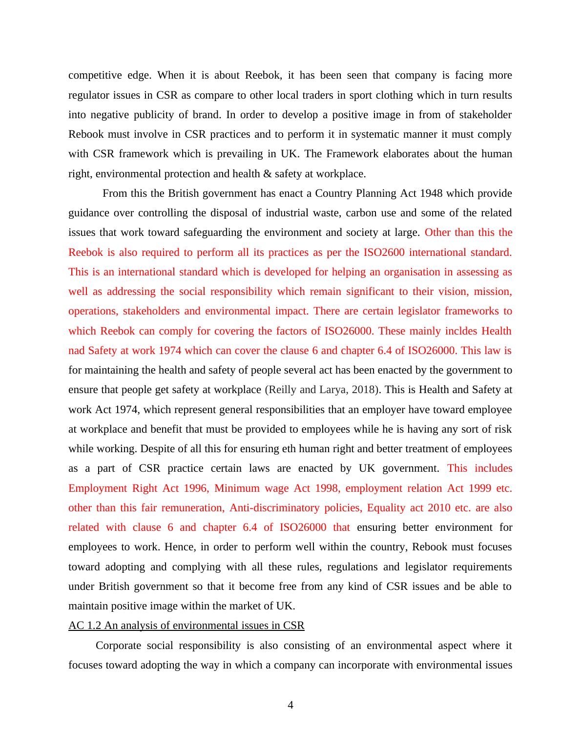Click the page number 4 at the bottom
coord(290,705)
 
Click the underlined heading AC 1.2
coord(186,626)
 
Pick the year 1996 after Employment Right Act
coord(196,488)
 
